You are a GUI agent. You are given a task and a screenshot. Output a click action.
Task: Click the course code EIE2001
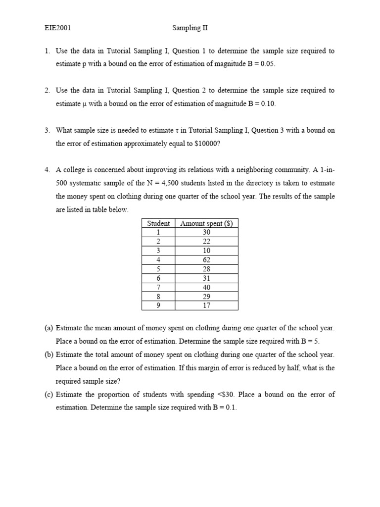coord(58,28)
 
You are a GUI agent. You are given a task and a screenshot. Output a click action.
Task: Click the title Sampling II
coord(190,28)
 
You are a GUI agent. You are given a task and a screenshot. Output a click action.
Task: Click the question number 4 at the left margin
coord(47,170)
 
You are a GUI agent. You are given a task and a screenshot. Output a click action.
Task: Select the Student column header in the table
coord(158,223)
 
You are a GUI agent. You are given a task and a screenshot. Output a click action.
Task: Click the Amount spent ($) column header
coord(206,223)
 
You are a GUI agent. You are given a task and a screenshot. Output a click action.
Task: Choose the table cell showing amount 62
coord(206,260)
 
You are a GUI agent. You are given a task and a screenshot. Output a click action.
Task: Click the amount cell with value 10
coord(206,251)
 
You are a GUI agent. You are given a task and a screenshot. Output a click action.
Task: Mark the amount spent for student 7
coord(206,287)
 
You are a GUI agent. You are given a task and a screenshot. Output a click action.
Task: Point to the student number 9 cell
coord(158,305)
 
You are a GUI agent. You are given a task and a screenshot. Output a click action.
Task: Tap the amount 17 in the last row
coord(206,305)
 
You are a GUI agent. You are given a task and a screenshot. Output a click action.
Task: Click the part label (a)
coord(49,328)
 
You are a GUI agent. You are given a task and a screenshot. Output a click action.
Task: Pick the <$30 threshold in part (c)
coord(227,395)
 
